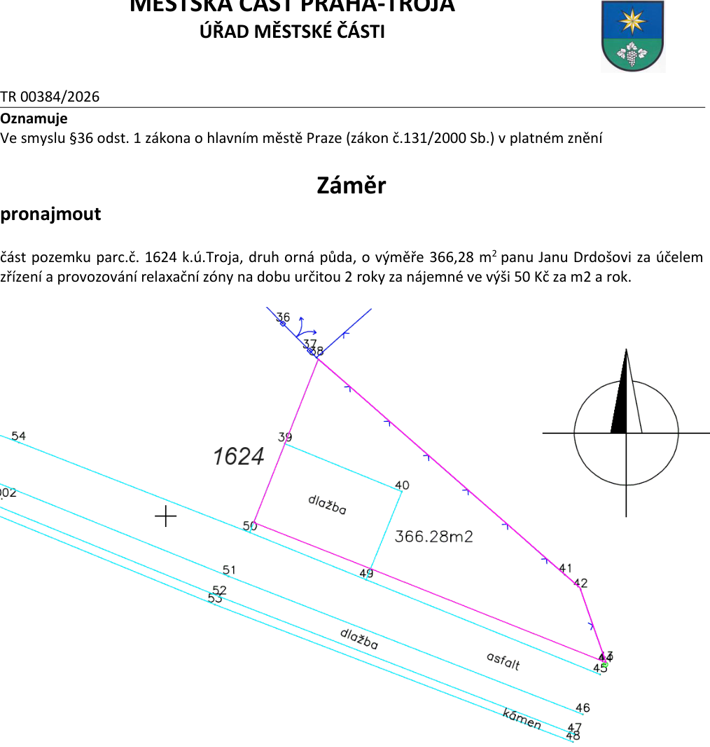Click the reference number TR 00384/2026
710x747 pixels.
(x=50, y=97)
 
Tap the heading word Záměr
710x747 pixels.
(x=351, y=185)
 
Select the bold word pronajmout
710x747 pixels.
(x=50, y=214)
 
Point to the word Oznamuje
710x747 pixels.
(x=34, y=118)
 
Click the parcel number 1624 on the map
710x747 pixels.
(x=239, y=457)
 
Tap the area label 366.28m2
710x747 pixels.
(x=434, y=537)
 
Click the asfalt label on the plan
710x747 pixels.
(x=503, y=660)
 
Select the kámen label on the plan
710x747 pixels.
(x=522, y=718)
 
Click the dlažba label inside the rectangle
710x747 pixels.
(x=327, y=505)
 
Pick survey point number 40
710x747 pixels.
(x=402, y=485)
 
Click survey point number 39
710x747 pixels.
(x=285, y=437)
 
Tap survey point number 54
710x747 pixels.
(x=19, y=436)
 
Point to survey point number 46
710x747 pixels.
(x=583, y=708)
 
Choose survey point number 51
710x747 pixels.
(x=230, y=570)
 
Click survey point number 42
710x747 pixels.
(x=580, y=582)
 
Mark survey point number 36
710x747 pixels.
(x=283, y=317)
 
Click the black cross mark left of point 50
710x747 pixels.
(x=166, y=516)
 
